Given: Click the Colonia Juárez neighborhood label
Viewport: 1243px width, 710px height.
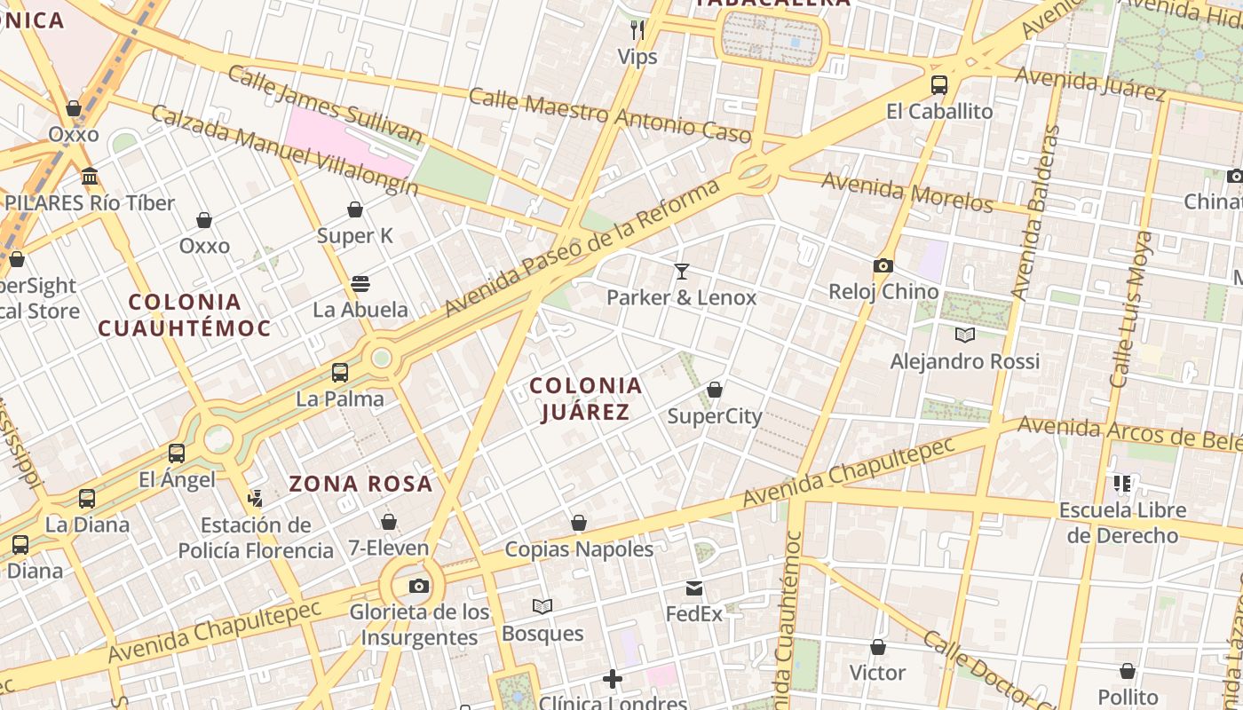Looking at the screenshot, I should coord(585,398).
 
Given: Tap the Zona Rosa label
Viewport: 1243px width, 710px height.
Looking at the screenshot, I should coord(360,484).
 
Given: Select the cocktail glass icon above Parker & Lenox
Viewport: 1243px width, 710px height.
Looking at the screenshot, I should coord(682,271).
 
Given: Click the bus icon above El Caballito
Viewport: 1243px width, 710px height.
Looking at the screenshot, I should coord(939,85).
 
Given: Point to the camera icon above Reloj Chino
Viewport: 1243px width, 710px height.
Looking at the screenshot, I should coord(883,265).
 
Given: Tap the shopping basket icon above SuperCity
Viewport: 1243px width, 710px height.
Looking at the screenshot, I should coord(714,390).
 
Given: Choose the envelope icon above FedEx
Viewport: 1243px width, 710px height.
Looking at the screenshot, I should coord(694,588).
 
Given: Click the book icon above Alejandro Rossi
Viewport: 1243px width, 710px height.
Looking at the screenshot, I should coord(964,335).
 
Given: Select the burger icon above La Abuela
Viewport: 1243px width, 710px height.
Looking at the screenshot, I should coord(360,284).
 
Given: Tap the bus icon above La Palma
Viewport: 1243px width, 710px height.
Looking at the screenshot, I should coord(340,373).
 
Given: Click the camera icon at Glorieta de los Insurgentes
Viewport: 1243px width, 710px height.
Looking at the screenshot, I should coord(419,586).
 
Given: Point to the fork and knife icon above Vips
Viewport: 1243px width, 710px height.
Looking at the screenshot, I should coord(637,30).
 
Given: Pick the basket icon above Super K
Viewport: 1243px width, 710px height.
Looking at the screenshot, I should coord(355,209).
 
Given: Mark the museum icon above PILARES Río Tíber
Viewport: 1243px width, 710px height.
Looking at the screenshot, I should coord(90,176).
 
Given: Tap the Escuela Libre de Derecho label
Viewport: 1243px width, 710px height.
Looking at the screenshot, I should coord(1122,523).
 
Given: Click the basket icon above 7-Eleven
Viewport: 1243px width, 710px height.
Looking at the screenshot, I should coord(388,522).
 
